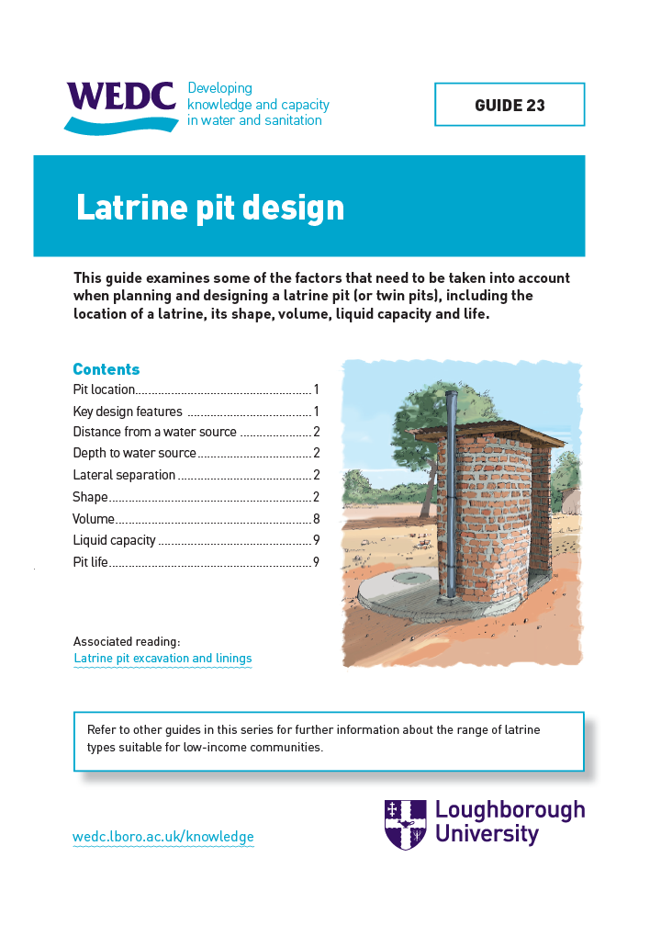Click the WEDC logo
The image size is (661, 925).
click(x=120, y=104)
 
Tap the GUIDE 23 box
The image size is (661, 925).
click(x=510, y=105)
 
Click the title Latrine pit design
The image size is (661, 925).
click(x=210, y=208)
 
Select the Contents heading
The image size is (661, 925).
click(x=106, y=369)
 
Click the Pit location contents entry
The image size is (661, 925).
click(x=105, y=389)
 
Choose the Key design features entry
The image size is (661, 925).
click(x=128, y=412)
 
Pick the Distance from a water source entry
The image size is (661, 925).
click(x=154, y=432)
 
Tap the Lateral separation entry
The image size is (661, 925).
click(x=124, y=475)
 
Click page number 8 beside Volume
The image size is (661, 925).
click(x=316, y=519)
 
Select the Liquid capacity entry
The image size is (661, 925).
click(x=115, y=540)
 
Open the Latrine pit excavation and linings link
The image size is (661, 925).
click(x=162, y=659)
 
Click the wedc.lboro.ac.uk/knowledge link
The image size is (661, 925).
click(x=162, y=837)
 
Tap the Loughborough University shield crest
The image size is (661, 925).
click(x=405, y=824)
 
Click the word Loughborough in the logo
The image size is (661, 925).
click(x=510, y=810)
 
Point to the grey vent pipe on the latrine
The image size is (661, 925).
click(x=450, y=496)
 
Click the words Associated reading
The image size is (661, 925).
click(x=127, y=641)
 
